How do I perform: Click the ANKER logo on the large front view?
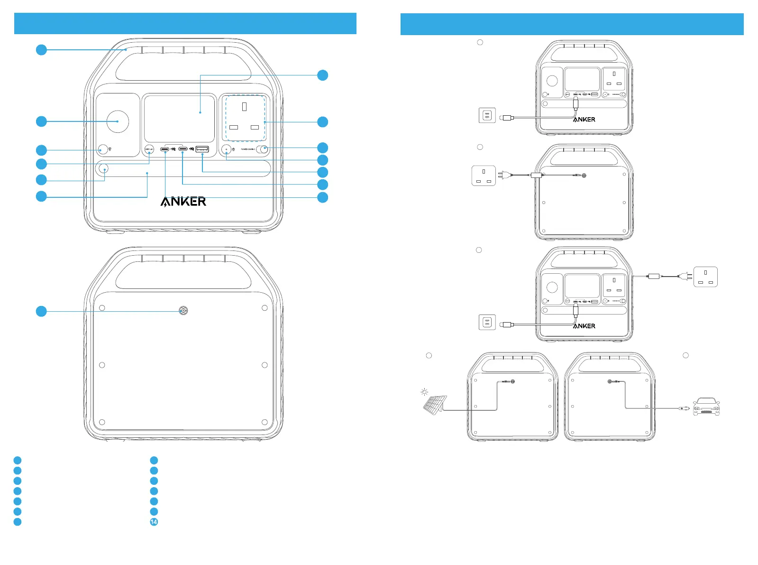click(183, 202)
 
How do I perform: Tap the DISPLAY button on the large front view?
click(149, 149)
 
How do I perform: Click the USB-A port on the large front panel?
click(202, 149)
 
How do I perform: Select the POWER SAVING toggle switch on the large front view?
click(262, 149)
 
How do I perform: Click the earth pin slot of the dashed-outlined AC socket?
click(244, 107)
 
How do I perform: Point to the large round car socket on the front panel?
click(117, 121)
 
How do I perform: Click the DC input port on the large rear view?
click(183, 311)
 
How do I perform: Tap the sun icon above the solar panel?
click(424, 392)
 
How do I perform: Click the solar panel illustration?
click(434, 404)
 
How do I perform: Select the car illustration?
click(706, 407)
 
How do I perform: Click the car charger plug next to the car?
click(683, 408)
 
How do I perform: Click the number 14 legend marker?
click(154, 522)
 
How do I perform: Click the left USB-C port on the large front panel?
click(164, 149)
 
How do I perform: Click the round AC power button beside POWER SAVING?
click(226, 149)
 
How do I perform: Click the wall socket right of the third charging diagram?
click(705, 277)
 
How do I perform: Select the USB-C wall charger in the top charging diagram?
click(487, 116)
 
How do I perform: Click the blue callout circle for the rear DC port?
click(42, 311)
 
